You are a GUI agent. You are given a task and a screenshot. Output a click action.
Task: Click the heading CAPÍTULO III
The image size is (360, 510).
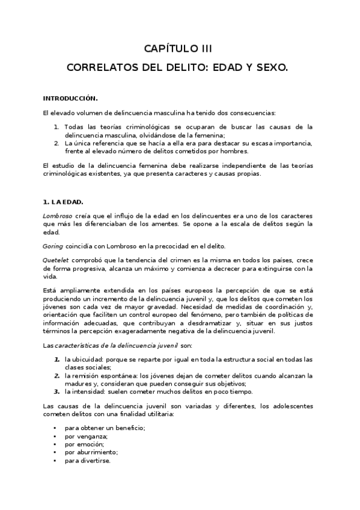(x=177, y=48)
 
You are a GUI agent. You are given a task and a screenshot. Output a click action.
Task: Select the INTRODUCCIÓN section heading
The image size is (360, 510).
(x=70, y=97)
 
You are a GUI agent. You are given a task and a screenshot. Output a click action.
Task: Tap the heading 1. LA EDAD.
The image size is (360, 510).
(x=64, y=202)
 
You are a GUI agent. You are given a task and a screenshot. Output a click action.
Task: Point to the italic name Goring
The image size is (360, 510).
(x=52, y=245)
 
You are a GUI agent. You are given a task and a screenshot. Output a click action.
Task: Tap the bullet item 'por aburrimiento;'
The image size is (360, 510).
(x=91, y=452)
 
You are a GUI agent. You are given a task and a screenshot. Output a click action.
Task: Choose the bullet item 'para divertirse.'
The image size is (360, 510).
(x=88, y=461)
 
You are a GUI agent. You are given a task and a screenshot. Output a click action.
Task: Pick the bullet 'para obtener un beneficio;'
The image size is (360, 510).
(x=105, y=427)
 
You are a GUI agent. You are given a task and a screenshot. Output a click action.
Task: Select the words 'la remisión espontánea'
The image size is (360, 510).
(x=97, y=376)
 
